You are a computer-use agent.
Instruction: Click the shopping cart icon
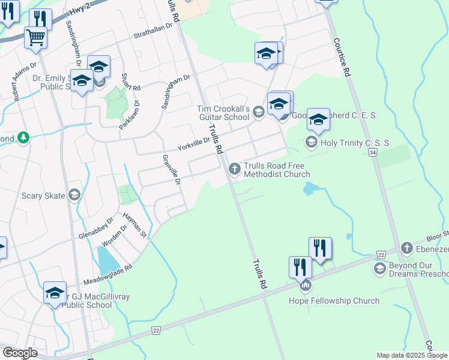(35, 38)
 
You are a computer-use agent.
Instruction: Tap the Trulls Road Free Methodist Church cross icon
(234, 170)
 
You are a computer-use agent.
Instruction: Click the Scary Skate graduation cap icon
(74, 194)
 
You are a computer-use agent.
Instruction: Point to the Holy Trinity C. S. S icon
(311, 142)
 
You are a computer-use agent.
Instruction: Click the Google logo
(20, 353)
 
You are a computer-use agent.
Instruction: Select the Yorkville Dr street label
(193, 143)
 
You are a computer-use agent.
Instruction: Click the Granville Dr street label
(172, 170)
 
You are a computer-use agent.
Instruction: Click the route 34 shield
(373, 153)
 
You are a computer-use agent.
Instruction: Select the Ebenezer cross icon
(406, 248)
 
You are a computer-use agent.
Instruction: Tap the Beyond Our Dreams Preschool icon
(379, 268)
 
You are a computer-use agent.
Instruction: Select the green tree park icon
(23, 138)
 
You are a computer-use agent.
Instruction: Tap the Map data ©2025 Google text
(411, 355)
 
